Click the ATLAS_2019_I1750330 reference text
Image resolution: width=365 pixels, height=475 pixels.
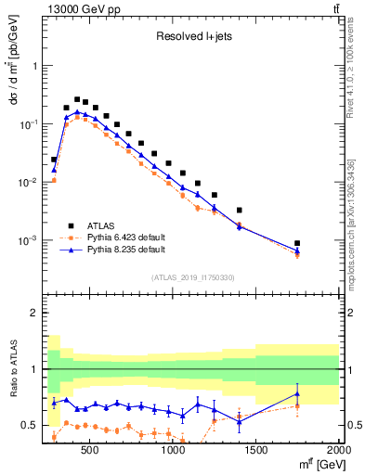pos(192,277)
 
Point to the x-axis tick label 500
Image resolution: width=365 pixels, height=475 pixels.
pos(90,451)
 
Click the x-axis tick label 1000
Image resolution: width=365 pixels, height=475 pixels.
pos(173,451)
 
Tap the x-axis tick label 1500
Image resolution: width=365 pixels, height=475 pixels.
pos(255,451)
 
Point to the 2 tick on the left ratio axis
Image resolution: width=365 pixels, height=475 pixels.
pos(33,313)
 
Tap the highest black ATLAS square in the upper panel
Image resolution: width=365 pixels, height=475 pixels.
pos(77,99)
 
